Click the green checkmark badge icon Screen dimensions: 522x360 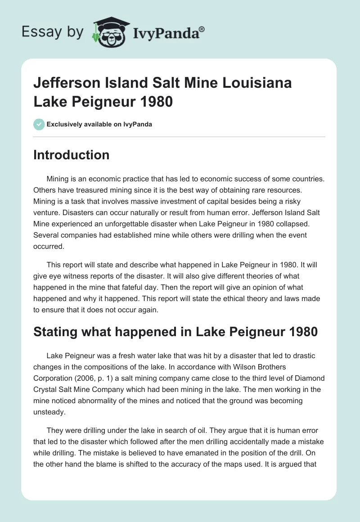point(39,124)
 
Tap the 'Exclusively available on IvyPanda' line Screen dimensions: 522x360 point(99,124)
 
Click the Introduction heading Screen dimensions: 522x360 point(71,155)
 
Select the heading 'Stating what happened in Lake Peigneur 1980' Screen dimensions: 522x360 point(175,333)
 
